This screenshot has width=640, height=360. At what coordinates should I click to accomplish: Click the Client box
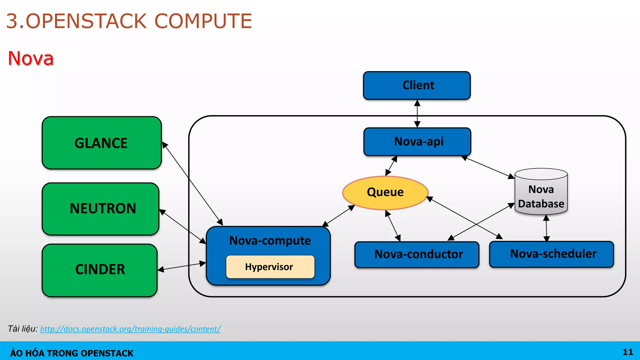pyautogui.click(x=417, y=85)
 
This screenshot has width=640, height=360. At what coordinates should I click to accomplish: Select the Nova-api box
pyautogui.click(x=417, y=142)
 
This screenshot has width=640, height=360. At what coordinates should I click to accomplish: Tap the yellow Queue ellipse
pyautogui.click(x=385, y=192)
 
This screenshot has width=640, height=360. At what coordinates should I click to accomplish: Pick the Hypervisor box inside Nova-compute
pyautogui.click(x=270, y=267)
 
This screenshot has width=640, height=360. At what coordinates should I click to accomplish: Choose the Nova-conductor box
pyautogui.click(x=417, y=254)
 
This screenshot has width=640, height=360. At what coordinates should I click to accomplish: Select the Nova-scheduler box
pyautogui.click(x=552, y=254)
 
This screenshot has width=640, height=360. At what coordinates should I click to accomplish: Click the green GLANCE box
pyautogui.click(x=102, y=143)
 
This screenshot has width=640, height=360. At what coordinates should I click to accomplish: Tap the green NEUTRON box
pyautogui.click(x=101, y=209)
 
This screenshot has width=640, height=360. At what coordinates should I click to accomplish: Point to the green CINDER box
pyautogui.click(x=100, y=270)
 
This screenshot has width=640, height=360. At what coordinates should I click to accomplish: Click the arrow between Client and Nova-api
pyautogui.click(x=417, y=113)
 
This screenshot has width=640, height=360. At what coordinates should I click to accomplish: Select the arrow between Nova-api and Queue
pyautogui.click(x=391, y=166)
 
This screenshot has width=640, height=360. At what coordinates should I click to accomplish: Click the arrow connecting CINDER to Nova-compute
pyautogui.click(x=182, y=267)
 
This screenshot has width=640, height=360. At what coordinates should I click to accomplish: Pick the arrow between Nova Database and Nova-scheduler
pyautogui.click(x=546, y=228)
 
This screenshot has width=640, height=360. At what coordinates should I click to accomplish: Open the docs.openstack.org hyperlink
pyautogui.click(x=130, y=329)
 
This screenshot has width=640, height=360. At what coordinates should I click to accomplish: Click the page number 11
pyautogui.click(x=627, y=352)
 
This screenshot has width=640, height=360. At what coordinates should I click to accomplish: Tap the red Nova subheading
pyautogui.click(x=31, y=58)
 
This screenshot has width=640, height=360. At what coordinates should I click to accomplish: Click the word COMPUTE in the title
pyautogui.click(x=203, y=21)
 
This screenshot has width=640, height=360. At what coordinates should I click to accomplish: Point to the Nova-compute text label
pyautogui.click(x=270, y=241)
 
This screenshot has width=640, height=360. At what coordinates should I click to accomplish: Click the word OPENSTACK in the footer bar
pyautogui.click(x=107, y=353)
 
